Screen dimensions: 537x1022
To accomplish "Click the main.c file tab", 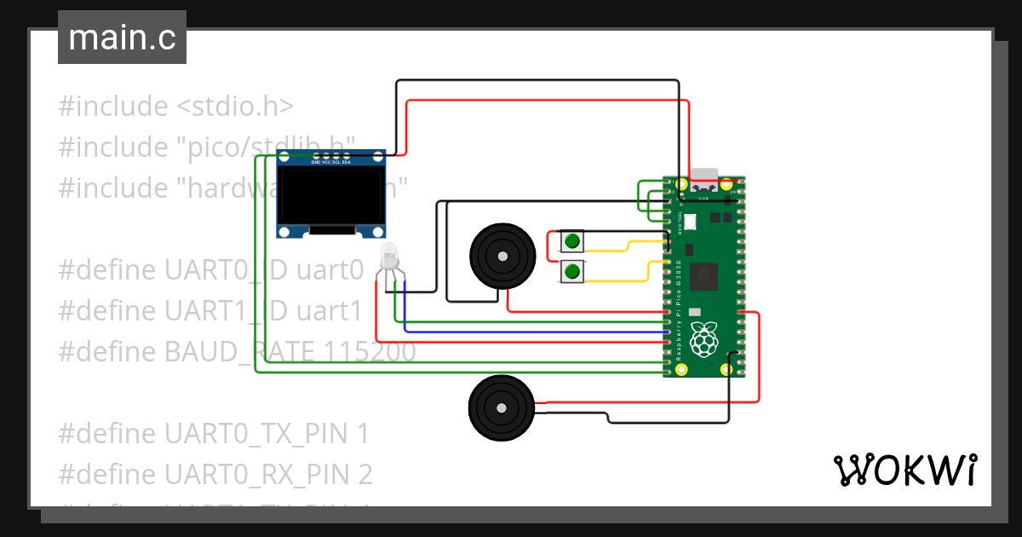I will pyautogui.click(x=122, y=38).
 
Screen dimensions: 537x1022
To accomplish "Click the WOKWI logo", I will pyautogui.click(x=904, y=470).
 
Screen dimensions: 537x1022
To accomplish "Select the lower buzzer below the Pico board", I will pyautogui.click(x=502, y=407).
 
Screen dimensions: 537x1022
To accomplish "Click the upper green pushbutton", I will pyautogui.click(x=572, y=241).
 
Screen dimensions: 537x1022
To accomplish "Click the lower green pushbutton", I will pyautogui.click(x=572, y=273).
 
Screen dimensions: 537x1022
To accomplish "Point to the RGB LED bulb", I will pyautogui.click(x=389, y=255).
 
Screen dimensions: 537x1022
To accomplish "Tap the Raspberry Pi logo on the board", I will pyautogui.click(x=703, y=338).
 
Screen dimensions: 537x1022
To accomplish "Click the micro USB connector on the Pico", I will pyautogui.click(x=703, y=175).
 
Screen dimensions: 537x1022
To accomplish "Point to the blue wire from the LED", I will pyautogui.click(x=528, y=331).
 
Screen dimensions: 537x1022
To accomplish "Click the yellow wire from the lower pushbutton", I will pyautogui.click(x=626, y=280).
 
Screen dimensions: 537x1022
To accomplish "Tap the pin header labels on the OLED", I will pyautogui.click(x=331, y=162).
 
